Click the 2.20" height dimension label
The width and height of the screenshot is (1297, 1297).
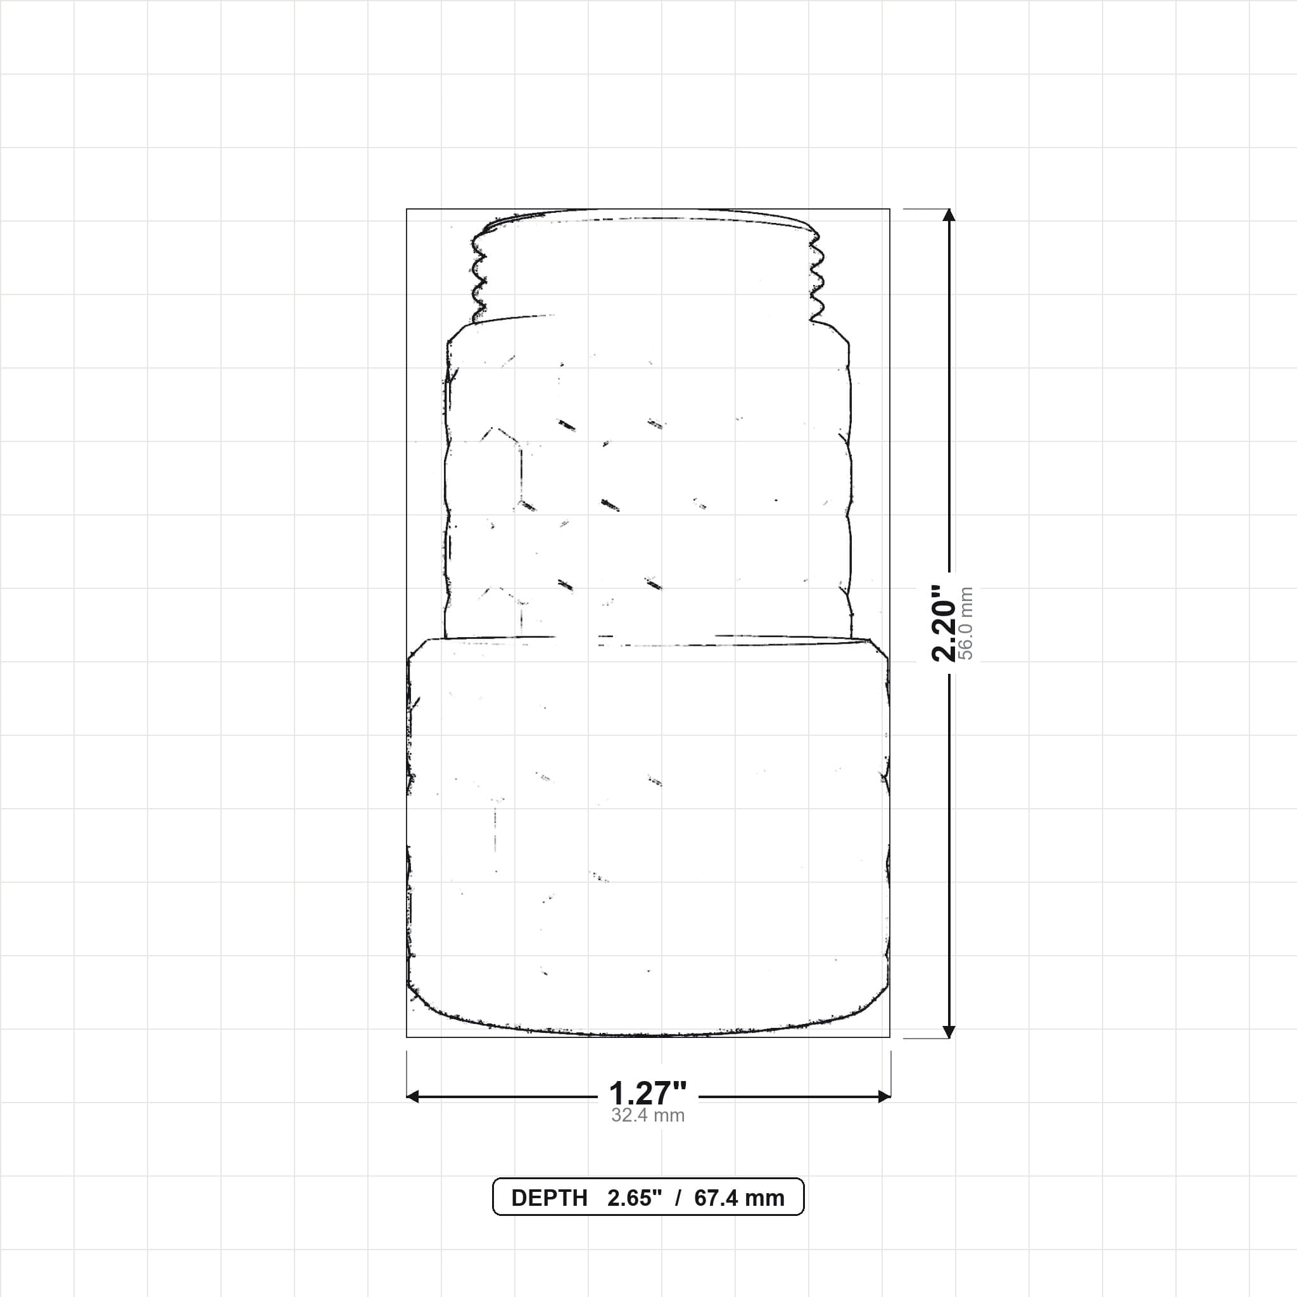point(943,623)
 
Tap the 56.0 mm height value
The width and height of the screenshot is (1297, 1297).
point(966,623)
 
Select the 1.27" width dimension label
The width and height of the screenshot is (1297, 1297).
point(648,1094)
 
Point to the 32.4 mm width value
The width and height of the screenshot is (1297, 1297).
point(648,1116)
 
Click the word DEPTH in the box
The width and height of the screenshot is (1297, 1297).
point(549,1198)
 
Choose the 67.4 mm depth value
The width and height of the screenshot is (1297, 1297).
point(739,1198)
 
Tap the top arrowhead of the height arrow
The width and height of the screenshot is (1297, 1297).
point(949,214)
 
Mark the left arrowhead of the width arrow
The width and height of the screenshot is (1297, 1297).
point(413,1096)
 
